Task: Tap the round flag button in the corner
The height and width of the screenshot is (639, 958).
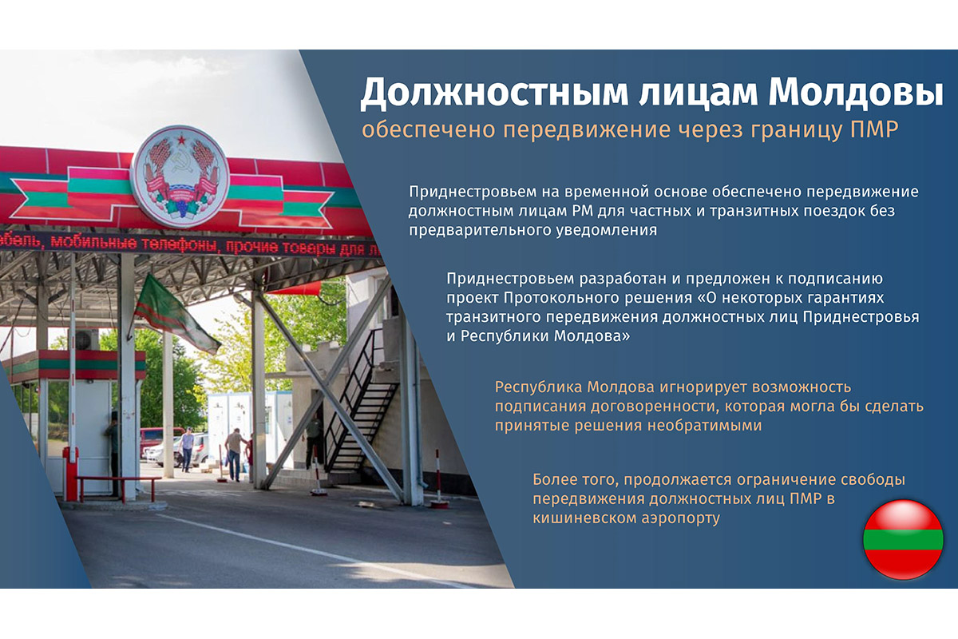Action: pos(903,540)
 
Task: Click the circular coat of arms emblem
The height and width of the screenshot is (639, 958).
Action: pos(180,176)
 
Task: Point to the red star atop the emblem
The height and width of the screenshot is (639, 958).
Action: pos(182,140)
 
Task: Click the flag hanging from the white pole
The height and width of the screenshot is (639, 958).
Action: pos(176,314)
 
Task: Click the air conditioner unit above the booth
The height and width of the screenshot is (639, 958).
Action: pos(86,339)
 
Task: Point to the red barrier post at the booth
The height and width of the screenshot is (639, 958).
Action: pos(71,474)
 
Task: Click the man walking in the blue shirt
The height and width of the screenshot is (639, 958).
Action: pos(187,450)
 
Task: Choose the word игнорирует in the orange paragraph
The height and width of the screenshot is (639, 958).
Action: pos(703,387)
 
